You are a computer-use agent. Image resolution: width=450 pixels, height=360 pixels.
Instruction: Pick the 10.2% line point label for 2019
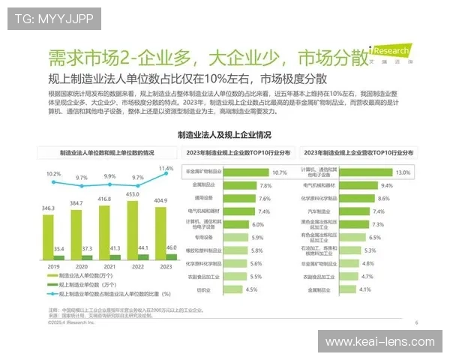[52, 174]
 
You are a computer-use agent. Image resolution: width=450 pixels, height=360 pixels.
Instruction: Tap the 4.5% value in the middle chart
[251, 289]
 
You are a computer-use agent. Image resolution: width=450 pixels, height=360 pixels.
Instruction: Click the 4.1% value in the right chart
[364, 289]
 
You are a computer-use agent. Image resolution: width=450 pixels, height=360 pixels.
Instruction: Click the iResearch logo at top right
[391, 53]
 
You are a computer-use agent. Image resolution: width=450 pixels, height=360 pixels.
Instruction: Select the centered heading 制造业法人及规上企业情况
[224, 136]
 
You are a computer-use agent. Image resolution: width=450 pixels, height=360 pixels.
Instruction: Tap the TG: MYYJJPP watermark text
[43, 17]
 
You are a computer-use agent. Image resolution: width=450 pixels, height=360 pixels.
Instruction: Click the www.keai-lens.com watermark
[379, 343]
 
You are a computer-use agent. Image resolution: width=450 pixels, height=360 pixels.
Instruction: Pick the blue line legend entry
[109, 294]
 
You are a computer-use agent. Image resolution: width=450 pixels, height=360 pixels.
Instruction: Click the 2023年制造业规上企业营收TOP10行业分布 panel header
[360, 152]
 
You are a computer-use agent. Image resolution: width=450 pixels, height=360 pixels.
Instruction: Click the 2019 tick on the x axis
[53, 267]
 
